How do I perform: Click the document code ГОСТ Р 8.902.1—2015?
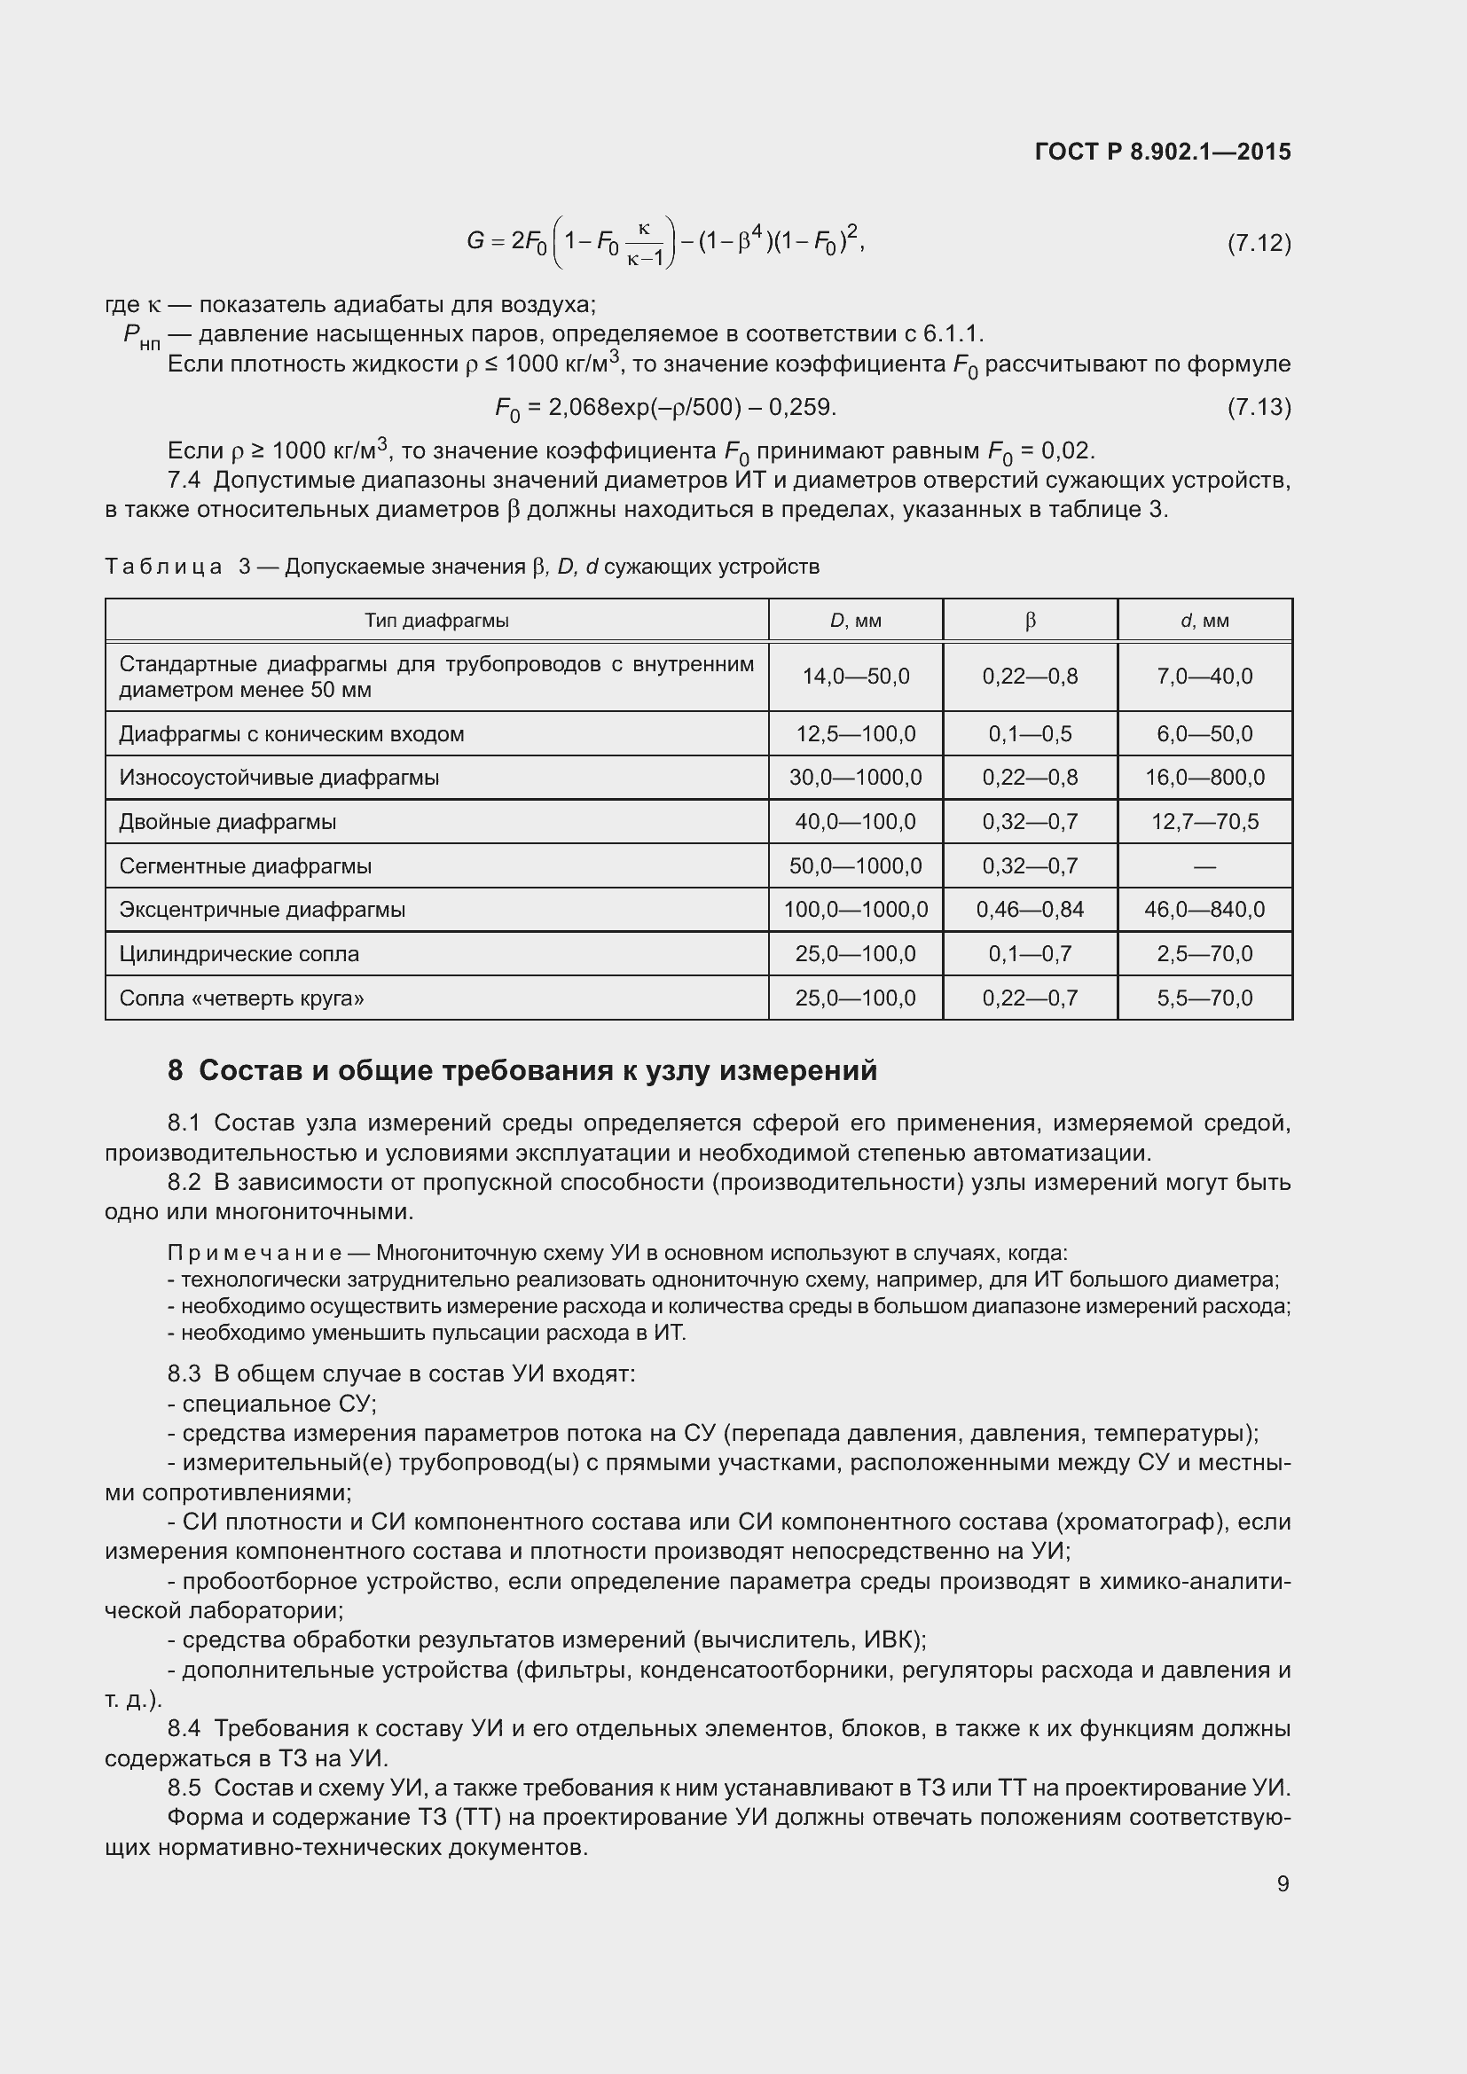tap(1163, 152)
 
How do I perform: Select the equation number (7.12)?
tap(1259, 243)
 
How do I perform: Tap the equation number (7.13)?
tap(1259, 407)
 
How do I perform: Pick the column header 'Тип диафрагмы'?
tap(436, 621)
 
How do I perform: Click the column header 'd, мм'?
tap(1204, 621)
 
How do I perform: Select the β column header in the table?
tap(1030, 621)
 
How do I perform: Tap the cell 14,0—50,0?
tap(855, 677)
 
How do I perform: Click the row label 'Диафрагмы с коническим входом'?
tap(291, 733)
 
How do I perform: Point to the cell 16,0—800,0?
tap(1204, 778)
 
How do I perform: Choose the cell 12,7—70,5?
tap(1204, 822)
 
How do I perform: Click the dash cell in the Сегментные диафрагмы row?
tap(1204, 866)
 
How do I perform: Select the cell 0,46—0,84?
tap(1030, 910)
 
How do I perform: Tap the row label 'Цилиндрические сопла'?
tap(239, 954)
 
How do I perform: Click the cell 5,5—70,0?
tap(1204, 998)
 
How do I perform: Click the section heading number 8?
tap(176, 1070)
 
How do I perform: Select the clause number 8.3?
tap(184, 1374)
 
